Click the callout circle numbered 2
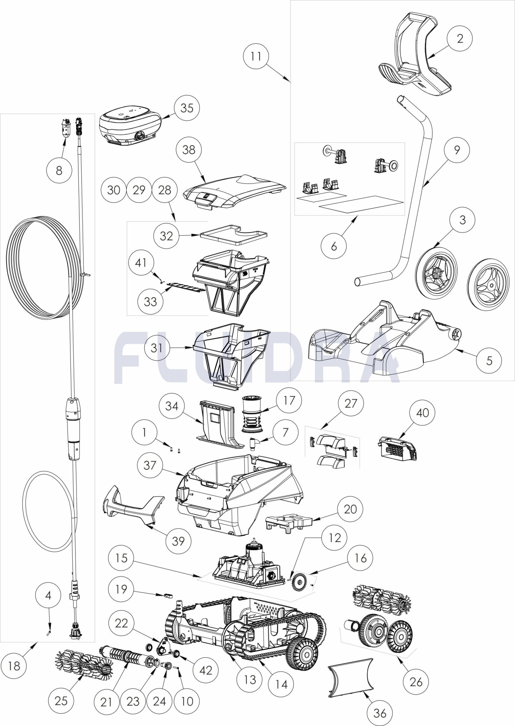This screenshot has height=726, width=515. point(460,38)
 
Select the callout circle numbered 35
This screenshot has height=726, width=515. point(187,108)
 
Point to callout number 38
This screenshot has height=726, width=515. point(188,150)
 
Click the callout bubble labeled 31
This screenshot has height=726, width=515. point(157,348)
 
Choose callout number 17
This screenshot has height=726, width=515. point(288,400)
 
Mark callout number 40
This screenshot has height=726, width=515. point(422,413)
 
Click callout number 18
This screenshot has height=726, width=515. point(14,666)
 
